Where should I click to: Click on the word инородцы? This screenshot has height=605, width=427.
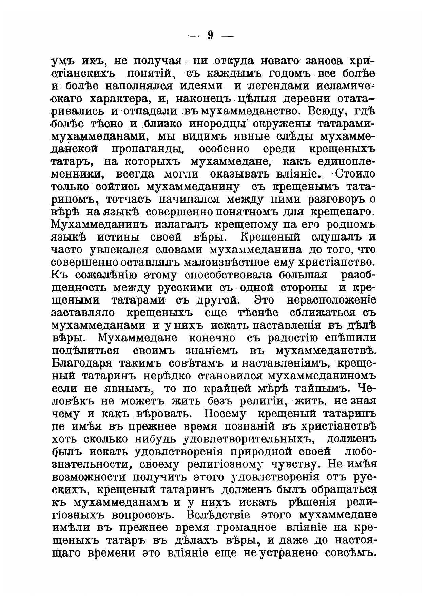click(227, 124)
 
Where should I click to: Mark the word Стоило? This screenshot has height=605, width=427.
click(356, 174)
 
